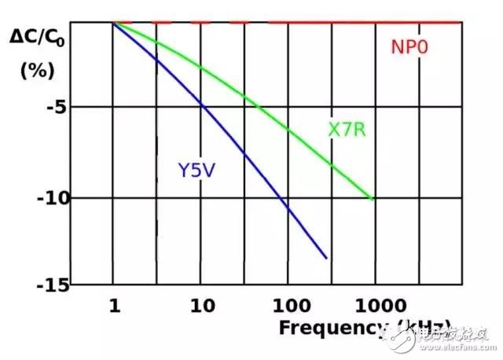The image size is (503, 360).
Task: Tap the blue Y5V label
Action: point(196,169)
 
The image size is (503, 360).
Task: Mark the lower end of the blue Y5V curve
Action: point(326,258)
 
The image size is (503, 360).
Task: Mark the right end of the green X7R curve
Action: point(373,199)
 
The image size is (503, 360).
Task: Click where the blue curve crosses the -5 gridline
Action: point(202,106)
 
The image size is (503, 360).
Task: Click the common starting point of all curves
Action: point(115,23)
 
